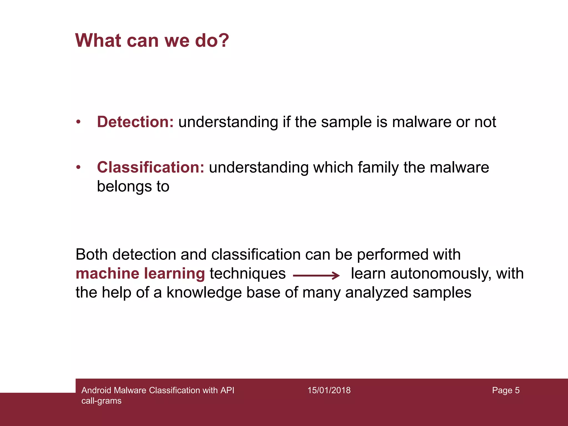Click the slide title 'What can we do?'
click(152, 40)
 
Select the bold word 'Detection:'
click(135, 122)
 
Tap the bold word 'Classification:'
click(151, 167)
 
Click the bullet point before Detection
click(78, 122)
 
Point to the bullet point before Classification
click(78, 167)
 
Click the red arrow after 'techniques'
click(316, 275)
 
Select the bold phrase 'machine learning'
click(140, 273)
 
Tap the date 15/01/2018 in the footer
click(329, 390)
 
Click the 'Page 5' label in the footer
click(506, 390)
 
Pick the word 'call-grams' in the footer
click(102, 401)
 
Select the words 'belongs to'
click(133, 186)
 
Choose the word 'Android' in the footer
click(96, 390)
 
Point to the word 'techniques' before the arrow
click(247, 273)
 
